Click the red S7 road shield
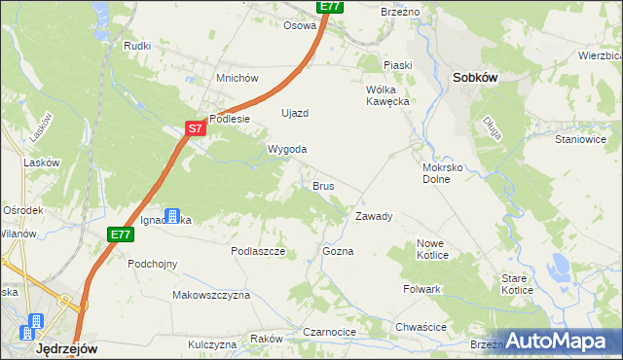coord(196,127)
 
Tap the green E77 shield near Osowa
coord(330,6)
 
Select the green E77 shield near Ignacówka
coord(121,234)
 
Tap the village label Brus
coord(323,185)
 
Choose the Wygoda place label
coord(287,149)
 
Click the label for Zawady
coord(374,216)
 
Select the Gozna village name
coord(338,251)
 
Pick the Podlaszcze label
coord(257,251)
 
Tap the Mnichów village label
coord(237,78)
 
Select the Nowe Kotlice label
coord(432,249)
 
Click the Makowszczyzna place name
coord(211,294)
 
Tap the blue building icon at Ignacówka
coord(172,215)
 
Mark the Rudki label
coord(136,45)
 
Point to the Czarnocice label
coord(330,332)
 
